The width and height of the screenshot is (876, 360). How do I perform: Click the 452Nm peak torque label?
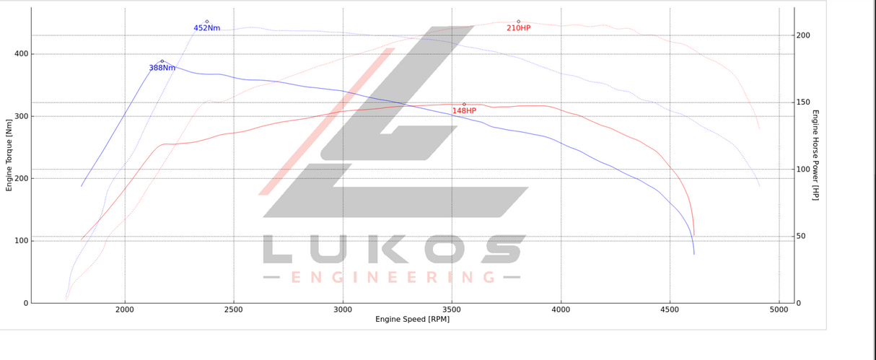206,28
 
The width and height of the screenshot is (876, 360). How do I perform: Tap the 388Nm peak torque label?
162,68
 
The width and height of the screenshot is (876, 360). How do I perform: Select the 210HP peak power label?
518,28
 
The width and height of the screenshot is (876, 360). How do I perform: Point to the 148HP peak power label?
464,111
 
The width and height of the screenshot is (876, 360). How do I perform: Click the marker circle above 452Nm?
207,22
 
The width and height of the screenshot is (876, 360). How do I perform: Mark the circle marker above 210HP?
519,22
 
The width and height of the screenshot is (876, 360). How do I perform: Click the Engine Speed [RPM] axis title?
412,319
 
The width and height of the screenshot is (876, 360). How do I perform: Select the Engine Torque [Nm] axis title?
9,156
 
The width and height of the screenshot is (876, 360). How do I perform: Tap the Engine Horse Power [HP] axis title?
815,155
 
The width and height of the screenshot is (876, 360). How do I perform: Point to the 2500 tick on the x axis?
234,309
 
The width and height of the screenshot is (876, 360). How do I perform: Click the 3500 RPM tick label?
452,309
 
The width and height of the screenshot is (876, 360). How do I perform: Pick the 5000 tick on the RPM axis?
779,309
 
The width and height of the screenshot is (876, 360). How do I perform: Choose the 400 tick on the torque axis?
21,54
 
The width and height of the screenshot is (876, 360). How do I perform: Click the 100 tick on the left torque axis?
21,241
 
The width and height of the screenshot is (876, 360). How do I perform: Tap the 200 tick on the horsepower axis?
803,35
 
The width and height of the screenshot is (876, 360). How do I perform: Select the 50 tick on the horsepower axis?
801,237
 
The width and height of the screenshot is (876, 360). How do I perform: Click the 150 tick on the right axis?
803,102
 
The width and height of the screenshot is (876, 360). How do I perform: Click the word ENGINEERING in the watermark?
393,277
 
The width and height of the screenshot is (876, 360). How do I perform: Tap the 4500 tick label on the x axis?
670,309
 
